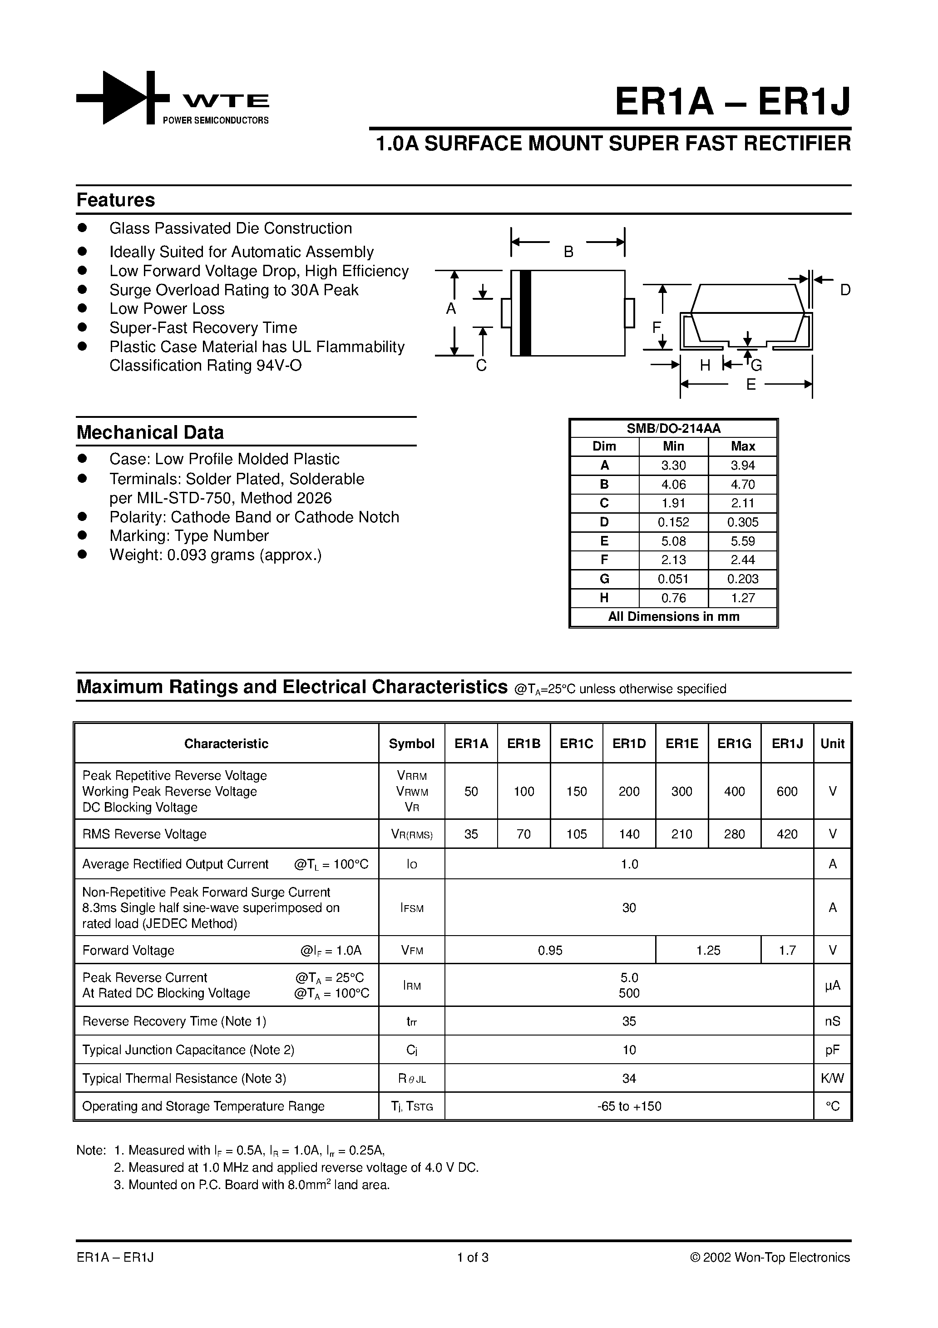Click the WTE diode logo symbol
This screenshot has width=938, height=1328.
123,98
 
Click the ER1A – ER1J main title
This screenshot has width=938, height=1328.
732,102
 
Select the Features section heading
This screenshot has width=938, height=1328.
116,200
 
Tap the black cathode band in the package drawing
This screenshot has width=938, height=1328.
525,313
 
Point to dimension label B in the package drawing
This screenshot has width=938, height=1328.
568,252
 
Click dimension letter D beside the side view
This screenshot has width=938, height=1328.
845,290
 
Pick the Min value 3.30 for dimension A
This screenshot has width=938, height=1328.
673,466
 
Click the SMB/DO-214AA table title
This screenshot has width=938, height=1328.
673,429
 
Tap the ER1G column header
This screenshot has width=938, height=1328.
735,744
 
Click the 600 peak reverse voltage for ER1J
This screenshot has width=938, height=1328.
787,792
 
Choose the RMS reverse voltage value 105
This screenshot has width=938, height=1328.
576,834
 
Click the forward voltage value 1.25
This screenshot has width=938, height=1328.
708,950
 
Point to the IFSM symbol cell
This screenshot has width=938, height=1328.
412,908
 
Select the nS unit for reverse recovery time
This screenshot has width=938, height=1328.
832,1021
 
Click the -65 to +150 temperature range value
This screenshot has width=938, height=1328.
629,1106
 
